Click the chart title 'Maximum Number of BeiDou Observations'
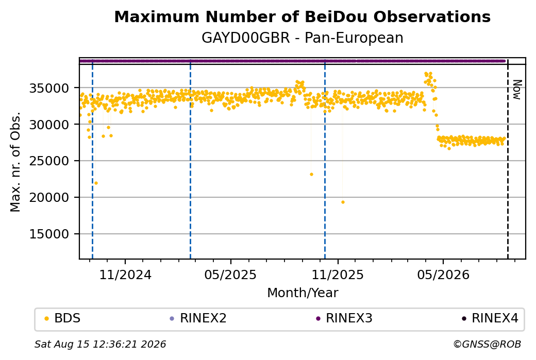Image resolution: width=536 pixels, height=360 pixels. pos(302,17)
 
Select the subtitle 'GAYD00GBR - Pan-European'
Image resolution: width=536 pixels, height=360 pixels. pos(302,38)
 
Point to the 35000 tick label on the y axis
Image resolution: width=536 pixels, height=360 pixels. pos(49,88)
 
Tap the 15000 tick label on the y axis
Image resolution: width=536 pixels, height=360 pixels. pos(49,234)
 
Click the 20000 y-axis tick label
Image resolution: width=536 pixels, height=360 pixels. pos(49,197)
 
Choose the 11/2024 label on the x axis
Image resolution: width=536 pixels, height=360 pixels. pos(125,275)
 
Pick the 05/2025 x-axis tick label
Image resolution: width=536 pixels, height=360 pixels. pos(230,275)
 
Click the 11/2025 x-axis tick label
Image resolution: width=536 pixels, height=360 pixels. pos(338,275)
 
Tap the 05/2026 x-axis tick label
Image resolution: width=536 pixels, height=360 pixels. pos(443,275)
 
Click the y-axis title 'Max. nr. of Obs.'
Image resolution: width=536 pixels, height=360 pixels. pos(15,162)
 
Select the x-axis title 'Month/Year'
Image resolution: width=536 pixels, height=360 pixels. pos(303,293)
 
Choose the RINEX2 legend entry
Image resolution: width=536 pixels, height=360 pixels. pos(198,318)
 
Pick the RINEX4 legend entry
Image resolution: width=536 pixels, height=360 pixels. pos(490,318)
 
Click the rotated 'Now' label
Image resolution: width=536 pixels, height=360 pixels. pos(517,90)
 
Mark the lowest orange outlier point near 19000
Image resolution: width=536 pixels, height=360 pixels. pos(343,202)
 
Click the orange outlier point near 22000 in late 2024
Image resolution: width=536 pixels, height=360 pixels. pos(96,183)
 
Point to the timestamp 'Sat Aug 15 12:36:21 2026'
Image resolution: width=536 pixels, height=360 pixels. pos(100,344)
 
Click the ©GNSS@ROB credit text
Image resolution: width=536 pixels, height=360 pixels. pos(487,344)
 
